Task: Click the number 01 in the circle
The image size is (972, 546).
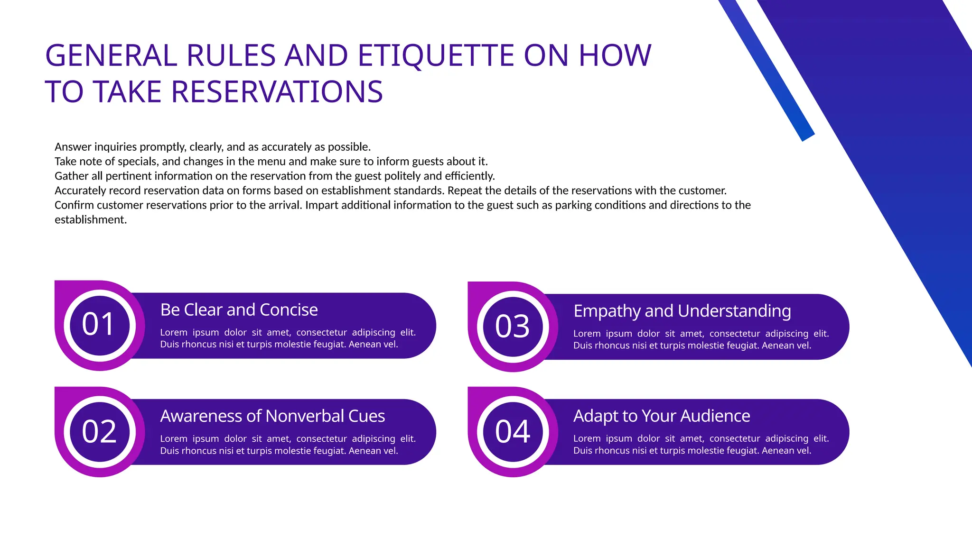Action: [99, 325]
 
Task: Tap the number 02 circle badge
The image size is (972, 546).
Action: [99, 431]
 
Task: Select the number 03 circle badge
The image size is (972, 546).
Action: [512, 326]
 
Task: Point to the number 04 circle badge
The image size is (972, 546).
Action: [512, 431]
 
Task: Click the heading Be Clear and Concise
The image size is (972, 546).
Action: [239, 310]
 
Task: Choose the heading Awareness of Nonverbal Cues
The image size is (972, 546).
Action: [272, 416]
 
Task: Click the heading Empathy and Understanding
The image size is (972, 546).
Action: [682, 311]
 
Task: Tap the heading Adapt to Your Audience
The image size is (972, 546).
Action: [662, 416]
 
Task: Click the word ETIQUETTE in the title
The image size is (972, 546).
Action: [436, 55]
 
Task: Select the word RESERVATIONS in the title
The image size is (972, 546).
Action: [277, 92]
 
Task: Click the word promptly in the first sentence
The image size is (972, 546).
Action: [162, 147]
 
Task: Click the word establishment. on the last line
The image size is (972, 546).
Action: [91, 220]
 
